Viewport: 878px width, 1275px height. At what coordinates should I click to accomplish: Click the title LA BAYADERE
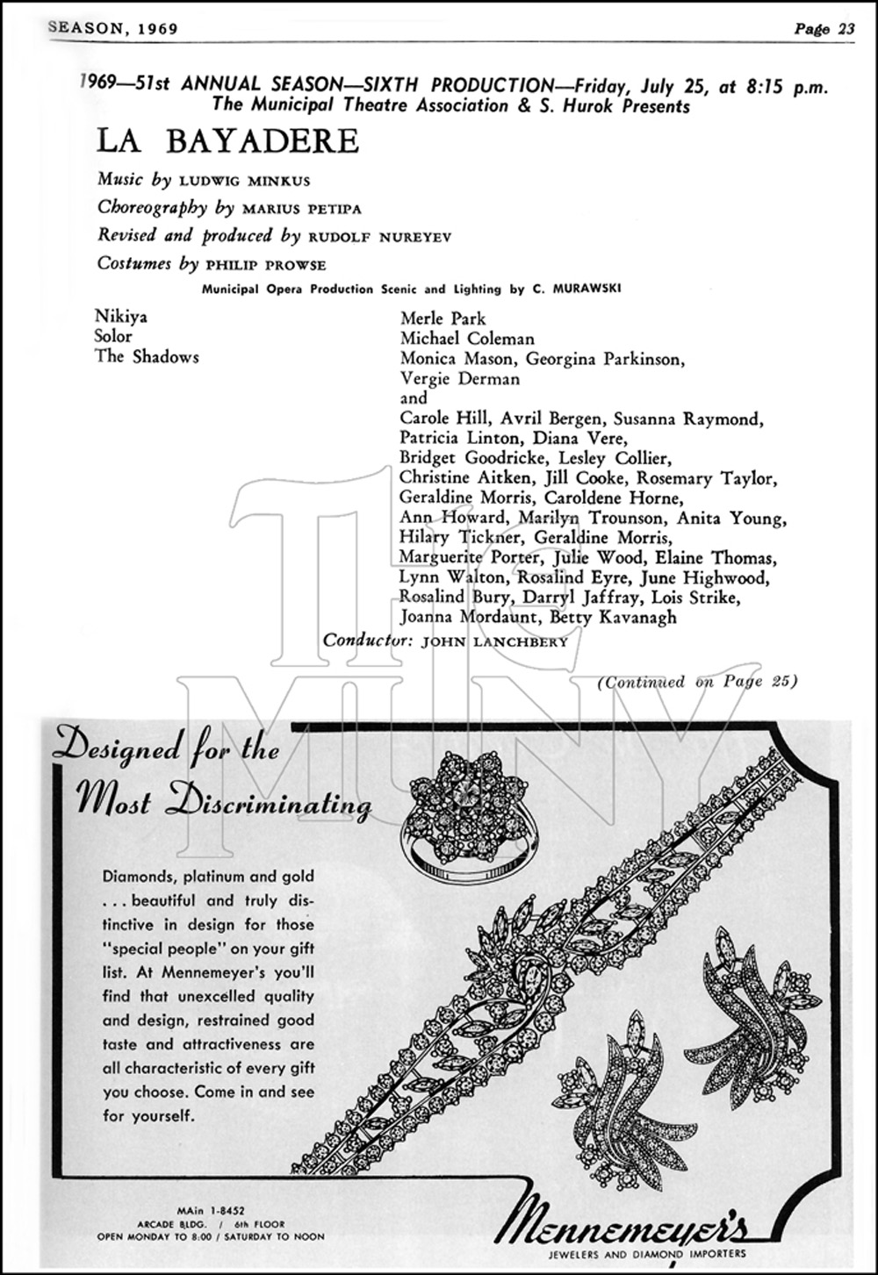coord(228,141)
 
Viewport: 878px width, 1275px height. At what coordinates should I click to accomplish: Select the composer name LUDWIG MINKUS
coord(245,181)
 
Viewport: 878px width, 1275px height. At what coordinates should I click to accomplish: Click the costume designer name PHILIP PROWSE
coord(264,265)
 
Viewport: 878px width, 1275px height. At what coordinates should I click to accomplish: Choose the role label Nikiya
coord(121,317)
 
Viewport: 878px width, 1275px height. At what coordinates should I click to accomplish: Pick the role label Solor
coord(113,336)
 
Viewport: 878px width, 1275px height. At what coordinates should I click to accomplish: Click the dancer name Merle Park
coord(443,318)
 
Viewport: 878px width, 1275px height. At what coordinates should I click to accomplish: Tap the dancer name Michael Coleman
coord(467,338)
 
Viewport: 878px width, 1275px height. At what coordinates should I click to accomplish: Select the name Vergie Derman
coord(460,378)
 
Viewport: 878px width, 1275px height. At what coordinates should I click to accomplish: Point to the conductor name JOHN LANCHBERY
coord(494,641)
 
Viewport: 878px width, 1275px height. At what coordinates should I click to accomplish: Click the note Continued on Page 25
coord(697,681)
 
